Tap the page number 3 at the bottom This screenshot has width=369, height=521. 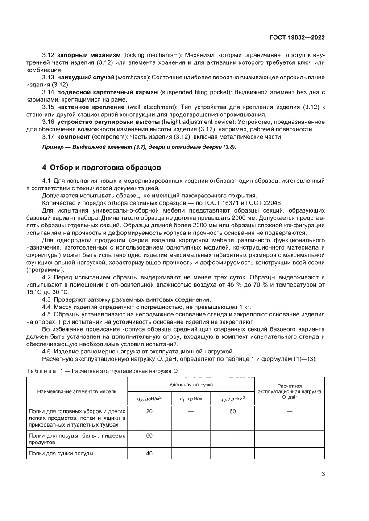click(323, 474)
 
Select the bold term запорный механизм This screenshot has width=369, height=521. click(89, 55)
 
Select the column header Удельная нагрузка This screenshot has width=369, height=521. click(191, 384)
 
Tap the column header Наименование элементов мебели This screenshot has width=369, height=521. click(77, 391)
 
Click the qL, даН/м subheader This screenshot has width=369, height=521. click(191, 399)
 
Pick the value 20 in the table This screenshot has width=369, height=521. click(149, 411)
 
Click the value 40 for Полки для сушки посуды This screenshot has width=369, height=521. click(149, 453)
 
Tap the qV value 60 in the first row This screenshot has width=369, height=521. click(232, 411)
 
